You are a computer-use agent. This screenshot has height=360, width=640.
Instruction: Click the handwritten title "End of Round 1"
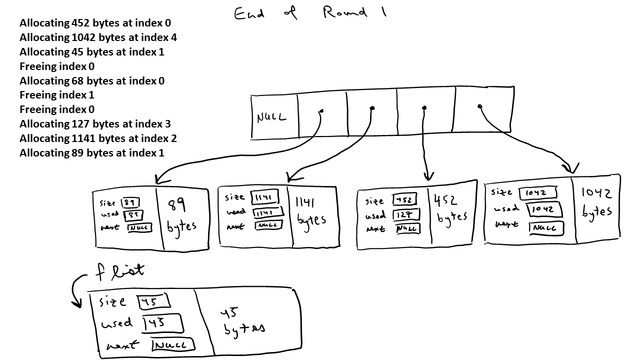[x=310, y=12]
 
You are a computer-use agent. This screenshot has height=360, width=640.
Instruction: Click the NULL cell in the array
[x=272, y=118]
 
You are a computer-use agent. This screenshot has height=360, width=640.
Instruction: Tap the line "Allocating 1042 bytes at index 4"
[x=98, y=37]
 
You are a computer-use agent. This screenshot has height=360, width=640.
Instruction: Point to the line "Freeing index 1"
[x=57, y=95]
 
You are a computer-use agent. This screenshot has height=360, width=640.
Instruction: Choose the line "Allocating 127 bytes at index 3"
[x=95, y=124]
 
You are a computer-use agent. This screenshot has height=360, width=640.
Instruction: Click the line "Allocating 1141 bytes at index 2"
[x=98, y=138]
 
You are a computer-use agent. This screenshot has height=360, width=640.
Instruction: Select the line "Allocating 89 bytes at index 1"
[x=91, y=153]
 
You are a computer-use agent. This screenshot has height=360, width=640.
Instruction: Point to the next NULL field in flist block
[x=173, y=345]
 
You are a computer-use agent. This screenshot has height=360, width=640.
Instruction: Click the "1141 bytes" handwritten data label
[x=310, y=211]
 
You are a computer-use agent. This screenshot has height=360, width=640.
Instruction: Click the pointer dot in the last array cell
[x=479, y=106]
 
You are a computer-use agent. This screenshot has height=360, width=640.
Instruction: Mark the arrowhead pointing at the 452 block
[x=427, y=176]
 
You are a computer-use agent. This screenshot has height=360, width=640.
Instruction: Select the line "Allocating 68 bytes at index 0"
[x=92, y=81]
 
